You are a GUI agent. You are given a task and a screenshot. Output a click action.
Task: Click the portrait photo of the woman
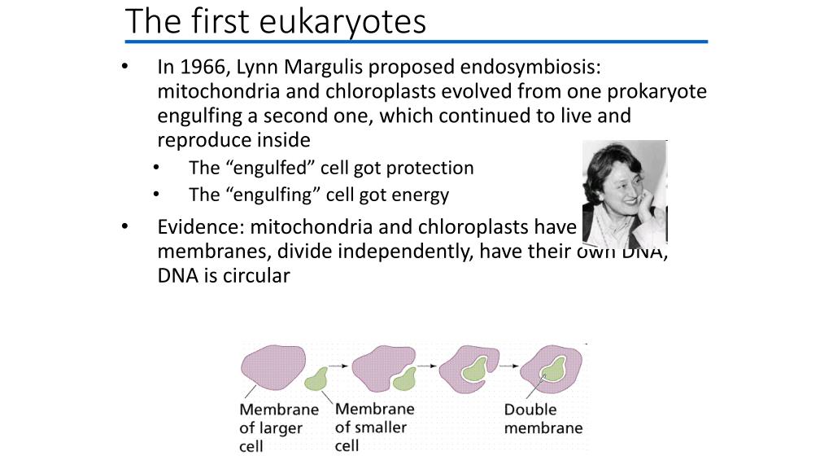tap(625, 194)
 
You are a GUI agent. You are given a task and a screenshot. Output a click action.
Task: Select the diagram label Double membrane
tap(543, 419)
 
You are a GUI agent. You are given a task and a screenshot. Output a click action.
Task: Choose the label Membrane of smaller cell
tap(374, 427)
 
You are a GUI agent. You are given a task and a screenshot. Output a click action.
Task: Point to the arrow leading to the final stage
tap(509, 366)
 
